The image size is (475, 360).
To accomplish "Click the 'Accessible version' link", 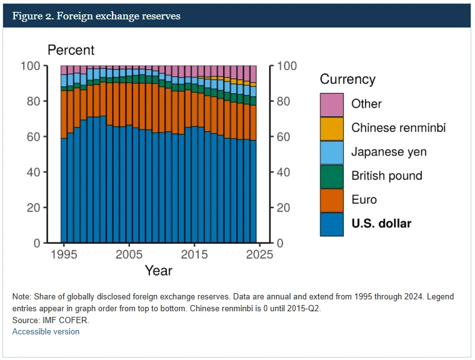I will coord(46,331).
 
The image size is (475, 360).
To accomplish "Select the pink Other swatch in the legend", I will coord(331,104).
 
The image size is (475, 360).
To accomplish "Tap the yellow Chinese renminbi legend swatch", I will coord(331,128).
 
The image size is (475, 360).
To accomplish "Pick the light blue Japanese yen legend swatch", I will coord(331,152).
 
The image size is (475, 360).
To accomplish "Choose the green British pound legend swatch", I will coord(331,176).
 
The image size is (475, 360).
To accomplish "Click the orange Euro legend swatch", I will coord(331,200).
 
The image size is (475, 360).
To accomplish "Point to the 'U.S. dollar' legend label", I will coord(381,223).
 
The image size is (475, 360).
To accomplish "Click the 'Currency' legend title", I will coord(347,79).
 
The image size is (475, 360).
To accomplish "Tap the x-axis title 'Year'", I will coord(158,271).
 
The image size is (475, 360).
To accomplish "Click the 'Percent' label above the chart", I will coord(71,50).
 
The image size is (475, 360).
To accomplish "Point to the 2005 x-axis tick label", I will coord(129,255).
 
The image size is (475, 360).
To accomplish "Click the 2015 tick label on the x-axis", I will coord(195,255).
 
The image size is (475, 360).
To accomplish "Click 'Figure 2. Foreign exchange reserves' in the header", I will coord(96,16).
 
